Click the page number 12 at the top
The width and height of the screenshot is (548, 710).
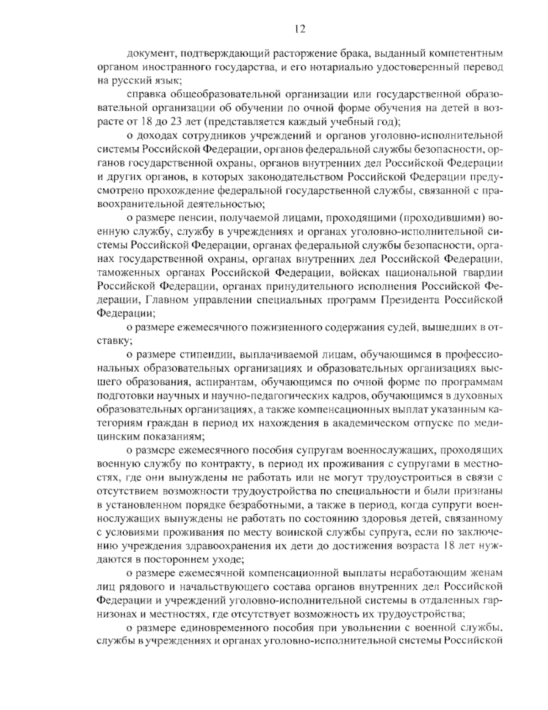pyautogui.click(x=299, y=29)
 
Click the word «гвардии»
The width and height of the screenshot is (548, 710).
pyautogui.click(x=484, y=272)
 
